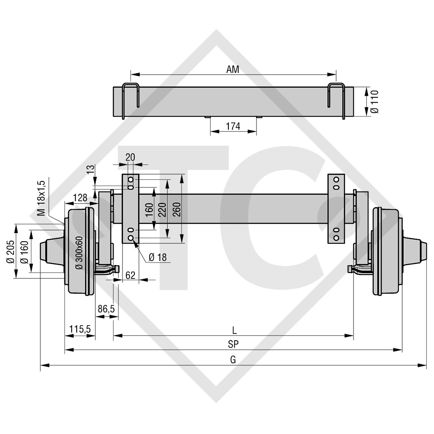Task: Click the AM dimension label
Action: (233, 70)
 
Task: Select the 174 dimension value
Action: (233, 126)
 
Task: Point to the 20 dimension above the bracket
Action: (131, 157)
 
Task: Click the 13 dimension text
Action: (89, 170)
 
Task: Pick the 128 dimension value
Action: (80, 197)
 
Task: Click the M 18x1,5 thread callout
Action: (41, 198)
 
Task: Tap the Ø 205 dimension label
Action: (11, 253)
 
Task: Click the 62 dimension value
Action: (131, 275)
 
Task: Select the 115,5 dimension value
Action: (79, 328)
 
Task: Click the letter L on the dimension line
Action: (234, 329)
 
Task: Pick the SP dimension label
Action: (233, 344)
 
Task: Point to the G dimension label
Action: (233, 359)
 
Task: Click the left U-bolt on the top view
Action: (131, 100)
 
